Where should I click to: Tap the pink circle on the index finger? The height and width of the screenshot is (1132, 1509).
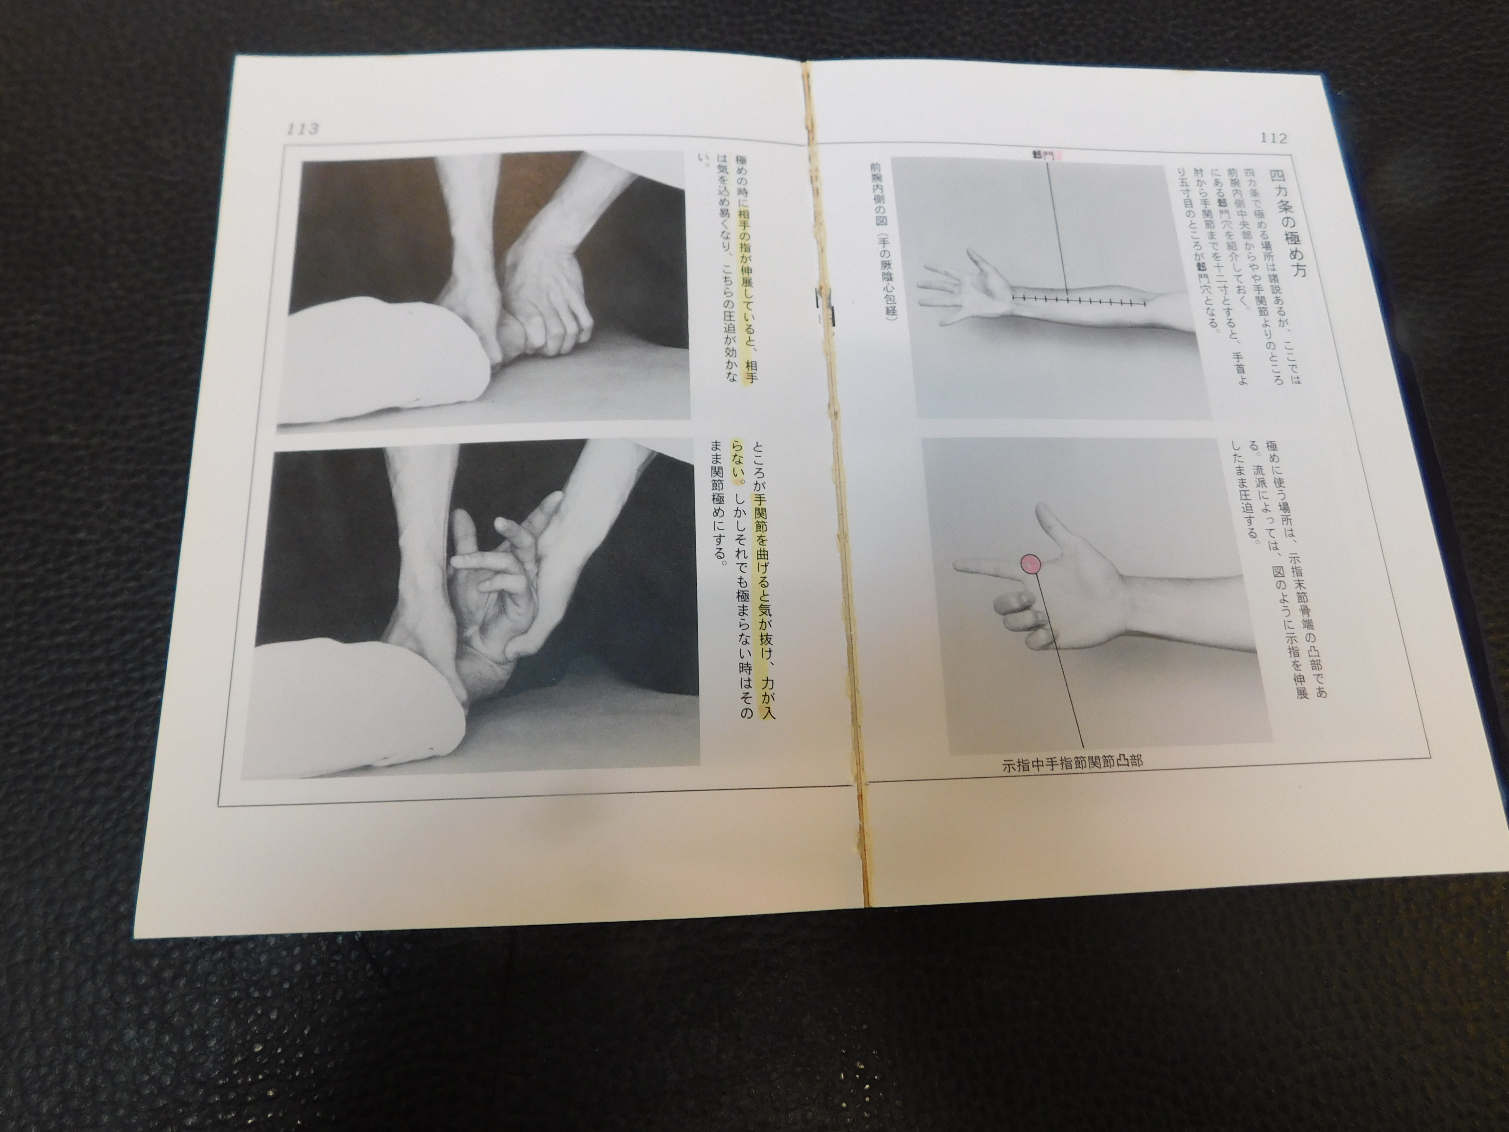tap(1030, 564)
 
